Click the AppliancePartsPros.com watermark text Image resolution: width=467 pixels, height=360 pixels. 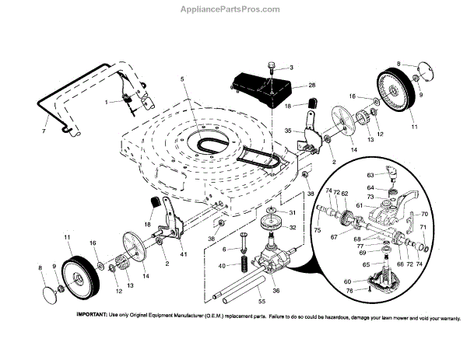[233, 9]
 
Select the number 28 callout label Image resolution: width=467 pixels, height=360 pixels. [290, 84]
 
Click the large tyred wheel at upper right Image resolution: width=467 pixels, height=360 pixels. [402, 94]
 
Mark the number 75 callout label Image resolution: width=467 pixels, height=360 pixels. [317, 230]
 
